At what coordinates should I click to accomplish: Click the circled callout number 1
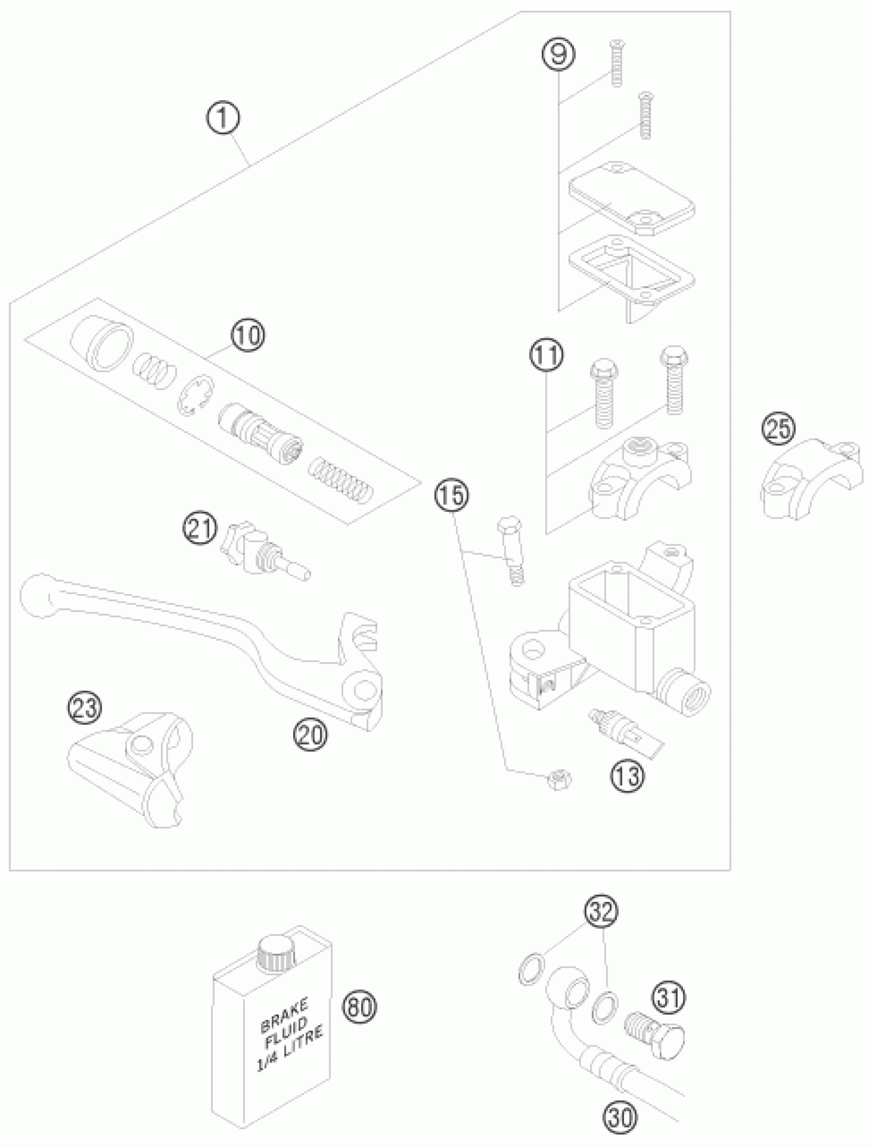click(222, 118)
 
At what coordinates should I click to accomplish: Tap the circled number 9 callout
click(559, 54)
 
